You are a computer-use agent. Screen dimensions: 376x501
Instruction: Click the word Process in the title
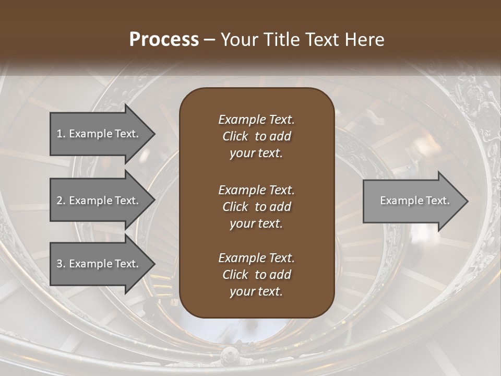coord(164,40)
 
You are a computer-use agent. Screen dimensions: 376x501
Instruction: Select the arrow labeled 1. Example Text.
coord(99,134)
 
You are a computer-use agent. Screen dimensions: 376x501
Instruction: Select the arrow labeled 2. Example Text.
coord(99,201)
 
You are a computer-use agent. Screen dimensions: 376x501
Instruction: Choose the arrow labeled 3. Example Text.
coord(99,264)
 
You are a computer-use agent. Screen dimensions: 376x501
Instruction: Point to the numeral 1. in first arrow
coord(61,134)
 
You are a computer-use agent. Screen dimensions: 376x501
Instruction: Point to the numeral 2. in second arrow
coord(61,201)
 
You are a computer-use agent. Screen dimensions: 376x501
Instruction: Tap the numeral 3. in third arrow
coord(61,264)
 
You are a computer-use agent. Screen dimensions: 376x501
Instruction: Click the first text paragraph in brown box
coord(256,136)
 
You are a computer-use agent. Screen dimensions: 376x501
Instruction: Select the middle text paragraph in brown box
coord(256,206)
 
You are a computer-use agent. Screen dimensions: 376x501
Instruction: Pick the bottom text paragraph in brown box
coord(256,275)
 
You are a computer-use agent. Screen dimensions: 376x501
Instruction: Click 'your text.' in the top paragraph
coord(256,154)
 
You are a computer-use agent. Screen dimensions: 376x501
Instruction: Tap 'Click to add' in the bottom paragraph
coord(256,275)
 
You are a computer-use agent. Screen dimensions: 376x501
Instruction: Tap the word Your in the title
coord(237,40)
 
